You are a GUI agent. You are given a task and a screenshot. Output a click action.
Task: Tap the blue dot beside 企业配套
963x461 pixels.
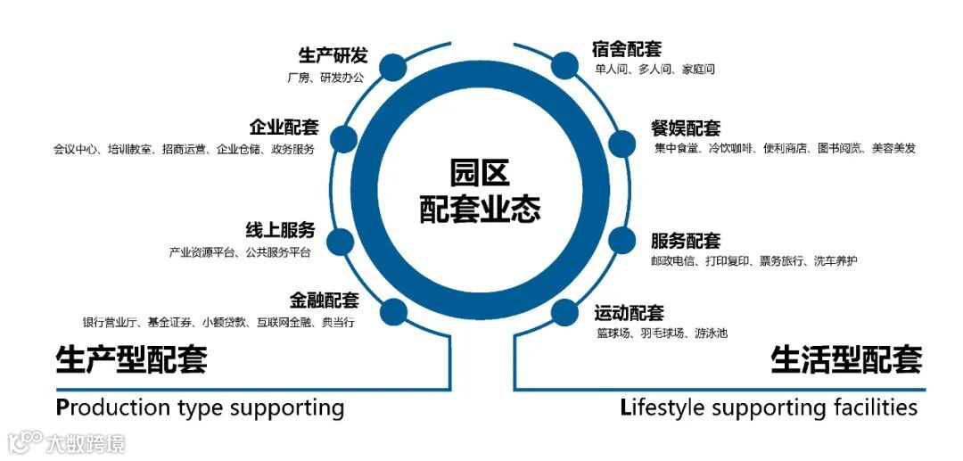click(x=342, y=139)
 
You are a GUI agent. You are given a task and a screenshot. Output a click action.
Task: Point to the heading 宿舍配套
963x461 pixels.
click(x=627, y=48)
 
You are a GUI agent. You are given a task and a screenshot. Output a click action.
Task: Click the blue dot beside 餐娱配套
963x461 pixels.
click(x=621, y=144)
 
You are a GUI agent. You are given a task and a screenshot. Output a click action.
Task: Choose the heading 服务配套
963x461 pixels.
click(x=685, y=241)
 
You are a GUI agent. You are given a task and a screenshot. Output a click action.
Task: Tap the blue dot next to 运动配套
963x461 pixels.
click(x=564, y=312)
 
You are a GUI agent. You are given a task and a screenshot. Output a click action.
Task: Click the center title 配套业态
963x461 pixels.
click(x=481, y=209)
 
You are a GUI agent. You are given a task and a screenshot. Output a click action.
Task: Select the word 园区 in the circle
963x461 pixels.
click(x=481, y=171)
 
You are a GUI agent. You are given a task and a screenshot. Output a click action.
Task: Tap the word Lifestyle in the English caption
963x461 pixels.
click(x=663, y=407)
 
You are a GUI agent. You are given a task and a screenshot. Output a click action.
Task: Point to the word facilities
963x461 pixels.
click(x=869, y=407)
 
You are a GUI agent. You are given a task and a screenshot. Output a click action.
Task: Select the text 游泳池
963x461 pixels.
click(x=712, y=333)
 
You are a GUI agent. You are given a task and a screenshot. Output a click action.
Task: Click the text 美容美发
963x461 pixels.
click(x=893, y=148)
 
